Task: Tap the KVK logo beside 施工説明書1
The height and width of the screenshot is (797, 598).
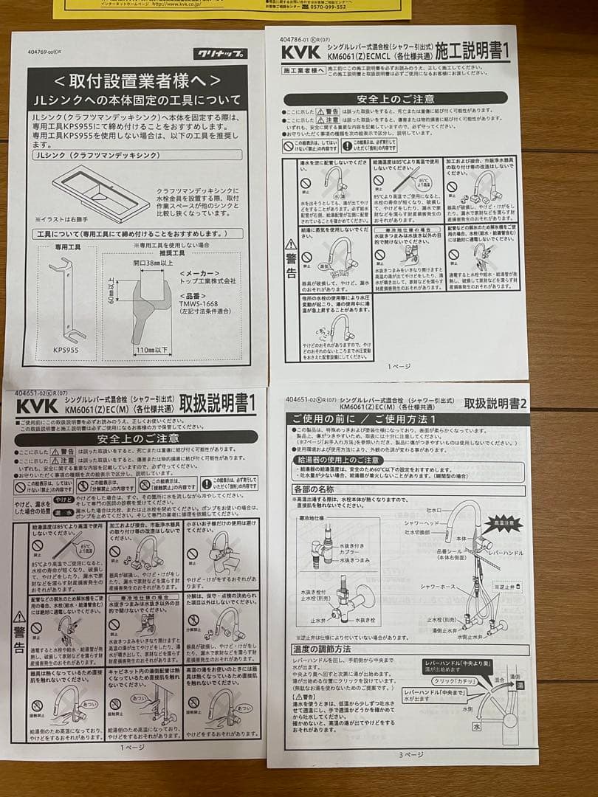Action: [x=303, y=53]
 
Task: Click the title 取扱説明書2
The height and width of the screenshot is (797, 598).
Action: [x=494, y=404]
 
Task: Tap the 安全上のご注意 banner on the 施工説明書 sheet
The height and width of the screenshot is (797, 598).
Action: [x=395, y=99]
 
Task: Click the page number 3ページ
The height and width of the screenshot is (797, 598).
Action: [x=410, y=755]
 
